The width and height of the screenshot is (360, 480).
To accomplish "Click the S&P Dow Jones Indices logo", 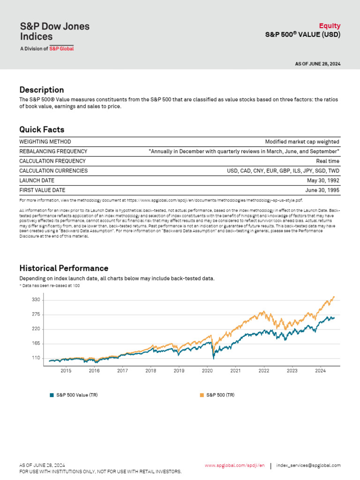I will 54,35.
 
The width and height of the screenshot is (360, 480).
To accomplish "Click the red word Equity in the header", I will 330,26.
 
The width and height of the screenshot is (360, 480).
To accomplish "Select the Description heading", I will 41,90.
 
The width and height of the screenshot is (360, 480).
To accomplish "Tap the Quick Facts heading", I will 42,129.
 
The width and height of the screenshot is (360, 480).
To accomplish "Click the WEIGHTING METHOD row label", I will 45,142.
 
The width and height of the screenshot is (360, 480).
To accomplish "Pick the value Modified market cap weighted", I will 302,142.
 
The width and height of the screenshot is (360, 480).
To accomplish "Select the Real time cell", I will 328,161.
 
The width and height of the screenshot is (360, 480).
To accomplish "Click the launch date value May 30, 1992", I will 323,180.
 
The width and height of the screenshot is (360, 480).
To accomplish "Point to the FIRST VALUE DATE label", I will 42,190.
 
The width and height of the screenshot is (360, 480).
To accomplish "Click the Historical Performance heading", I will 64,268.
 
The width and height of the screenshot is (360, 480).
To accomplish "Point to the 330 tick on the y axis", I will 36,300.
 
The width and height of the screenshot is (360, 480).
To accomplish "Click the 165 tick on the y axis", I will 36,344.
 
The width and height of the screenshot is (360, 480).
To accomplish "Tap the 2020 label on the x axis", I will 207,370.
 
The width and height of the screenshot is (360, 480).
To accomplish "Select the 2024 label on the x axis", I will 320,370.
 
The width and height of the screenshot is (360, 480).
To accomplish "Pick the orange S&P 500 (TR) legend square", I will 202,395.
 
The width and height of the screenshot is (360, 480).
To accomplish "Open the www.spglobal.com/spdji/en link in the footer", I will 235,465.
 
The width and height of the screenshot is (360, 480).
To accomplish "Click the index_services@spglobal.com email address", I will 308,465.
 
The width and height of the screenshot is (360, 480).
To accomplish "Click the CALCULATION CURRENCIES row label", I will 53,171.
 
